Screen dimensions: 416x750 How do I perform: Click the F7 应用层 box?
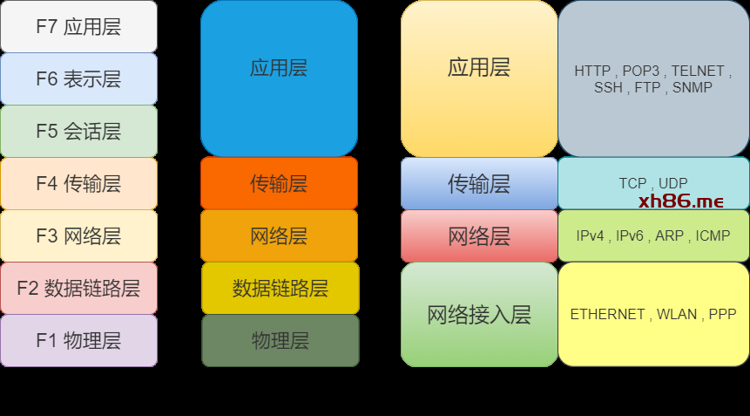pos(78,26)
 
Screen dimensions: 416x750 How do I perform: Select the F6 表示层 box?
pos(78,78)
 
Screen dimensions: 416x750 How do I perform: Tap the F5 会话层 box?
pos(78,131)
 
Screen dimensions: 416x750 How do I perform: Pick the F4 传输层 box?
pos(78,183)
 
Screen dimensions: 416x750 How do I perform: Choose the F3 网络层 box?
pos(78,235)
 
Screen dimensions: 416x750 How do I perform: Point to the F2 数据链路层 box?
pos(78,288)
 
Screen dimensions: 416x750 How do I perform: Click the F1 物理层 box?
pos(78,340)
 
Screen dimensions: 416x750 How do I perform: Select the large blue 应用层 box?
pos(279,78)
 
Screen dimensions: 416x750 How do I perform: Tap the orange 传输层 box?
pos(279,183)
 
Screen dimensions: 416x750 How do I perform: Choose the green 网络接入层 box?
pos(479,314)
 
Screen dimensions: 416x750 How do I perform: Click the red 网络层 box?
pos(479,235)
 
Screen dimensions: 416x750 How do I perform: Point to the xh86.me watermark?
pos(681,201)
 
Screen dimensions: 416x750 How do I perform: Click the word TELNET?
pos(698,72)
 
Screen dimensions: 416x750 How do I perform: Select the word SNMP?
pos(692,87)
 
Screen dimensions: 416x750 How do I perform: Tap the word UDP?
pos(672,183)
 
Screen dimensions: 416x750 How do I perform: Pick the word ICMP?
pos(713,235)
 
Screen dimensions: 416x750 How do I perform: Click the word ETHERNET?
pos(607,314)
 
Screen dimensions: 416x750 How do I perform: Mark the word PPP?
pos(722,314)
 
